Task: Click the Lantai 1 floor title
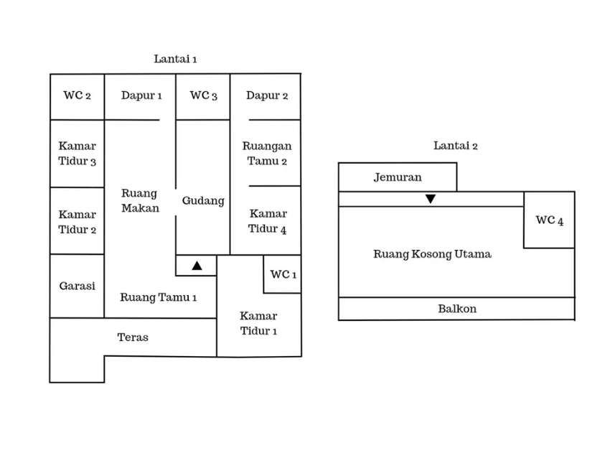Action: (175, 59)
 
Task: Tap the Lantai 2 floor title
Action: (456, 146)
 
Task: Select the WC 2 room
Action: (77, 96)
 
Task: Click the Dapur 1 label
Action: (141, 95)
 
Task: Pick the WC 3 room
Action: (203, 96)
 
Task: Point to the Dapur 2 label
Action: (267, 95)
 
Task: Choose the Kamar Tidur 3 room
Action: (77, 154)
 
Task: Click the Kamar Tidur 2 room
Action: (77, 222)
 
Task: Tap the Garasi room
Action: (77, 286)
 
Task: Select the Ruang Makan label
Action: (140, 200)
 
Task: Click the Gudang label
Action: (203, 201)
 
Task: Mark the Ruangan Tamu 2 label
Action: (267, 154)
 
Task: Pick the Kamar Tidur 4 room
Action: (268, 221)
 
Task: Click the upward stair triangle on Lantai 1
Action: (197, 266)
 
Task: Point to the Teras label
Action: (133, 337)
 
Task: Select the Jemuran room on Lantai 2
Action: (398, 177)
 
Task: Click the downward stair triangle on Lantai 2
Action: (430, 199)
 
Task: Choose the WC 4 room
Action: (549, 220)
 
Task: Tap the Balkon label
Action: (457, 309)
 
